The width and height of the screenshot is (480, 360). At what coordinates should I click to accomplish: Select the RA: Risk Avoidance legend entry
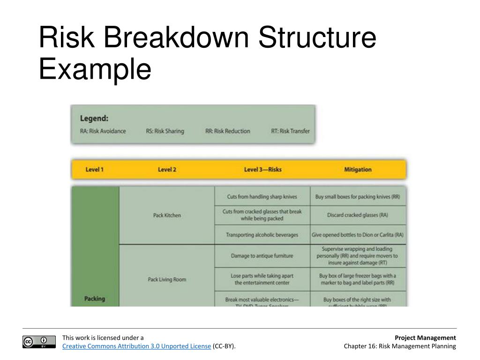pos(103,131)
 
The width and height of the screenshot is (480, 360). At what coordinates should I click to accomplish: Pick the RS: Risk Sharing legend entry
pos(165,131)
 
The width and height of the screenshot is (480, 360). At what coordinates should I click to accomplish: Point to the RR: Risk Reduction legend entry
pos(227,131)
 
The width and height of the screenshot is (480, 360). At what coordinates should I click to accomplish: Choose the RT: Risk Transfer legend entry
pos(290,131)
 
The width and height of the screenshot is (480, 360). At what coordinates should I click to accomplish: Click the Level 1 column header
pos(94,170)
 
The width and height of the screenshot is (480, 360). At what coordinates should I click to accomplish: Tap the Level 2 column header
pos(167,170)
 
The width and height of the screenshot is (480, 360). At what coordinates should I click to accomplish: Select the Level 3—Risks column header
pos(262,170)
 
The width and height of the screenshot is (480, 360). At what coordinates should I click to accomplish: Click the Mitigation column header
pos(358,170)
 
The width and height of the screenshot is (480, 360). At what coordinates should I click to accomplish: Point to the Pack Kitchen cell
pos(167,216)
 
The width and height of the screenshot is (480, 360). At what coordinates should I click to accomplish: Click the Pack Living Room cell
pos(167,280)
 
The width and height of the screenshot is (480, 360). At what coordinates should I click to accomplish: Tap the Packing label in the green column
pos(95,299)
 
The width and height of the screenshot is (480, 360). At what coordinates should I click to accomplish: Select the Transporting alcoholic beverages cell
pos(262,235)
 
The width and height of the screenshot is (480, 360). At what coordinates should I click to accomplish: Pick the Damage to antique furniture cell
pos(262,256)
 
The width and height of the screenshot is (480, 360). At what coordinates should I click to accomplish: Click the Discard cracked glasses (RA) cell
pos(358,216)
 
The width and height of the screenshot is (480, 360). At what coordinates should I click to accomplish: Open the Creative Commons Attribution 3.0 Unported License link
pos(137,346)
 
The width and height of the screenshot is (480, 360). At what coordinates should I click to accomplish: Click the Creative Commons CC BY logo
pos(35,342)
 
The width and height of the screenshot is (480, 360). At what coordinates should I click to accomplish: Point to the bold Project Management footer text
pos(425,337)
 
